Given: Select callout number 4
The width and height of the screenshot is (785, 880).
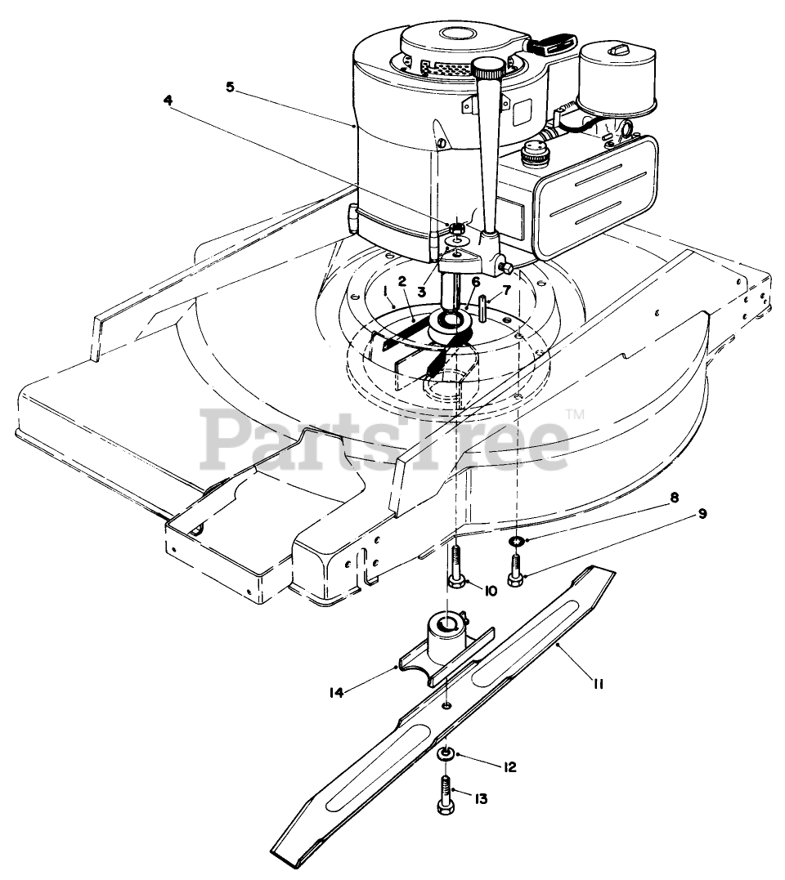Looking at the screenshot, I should [168, 101].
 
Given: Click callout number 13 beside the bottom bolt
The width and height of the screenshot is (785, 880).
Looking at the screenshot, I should [480, 798].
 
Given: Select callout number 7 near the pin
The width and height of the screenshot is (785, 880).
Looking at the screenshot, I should [505, 290].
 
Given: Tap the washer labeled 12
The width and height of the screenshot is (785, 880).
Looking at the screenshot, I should [445, 752].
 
